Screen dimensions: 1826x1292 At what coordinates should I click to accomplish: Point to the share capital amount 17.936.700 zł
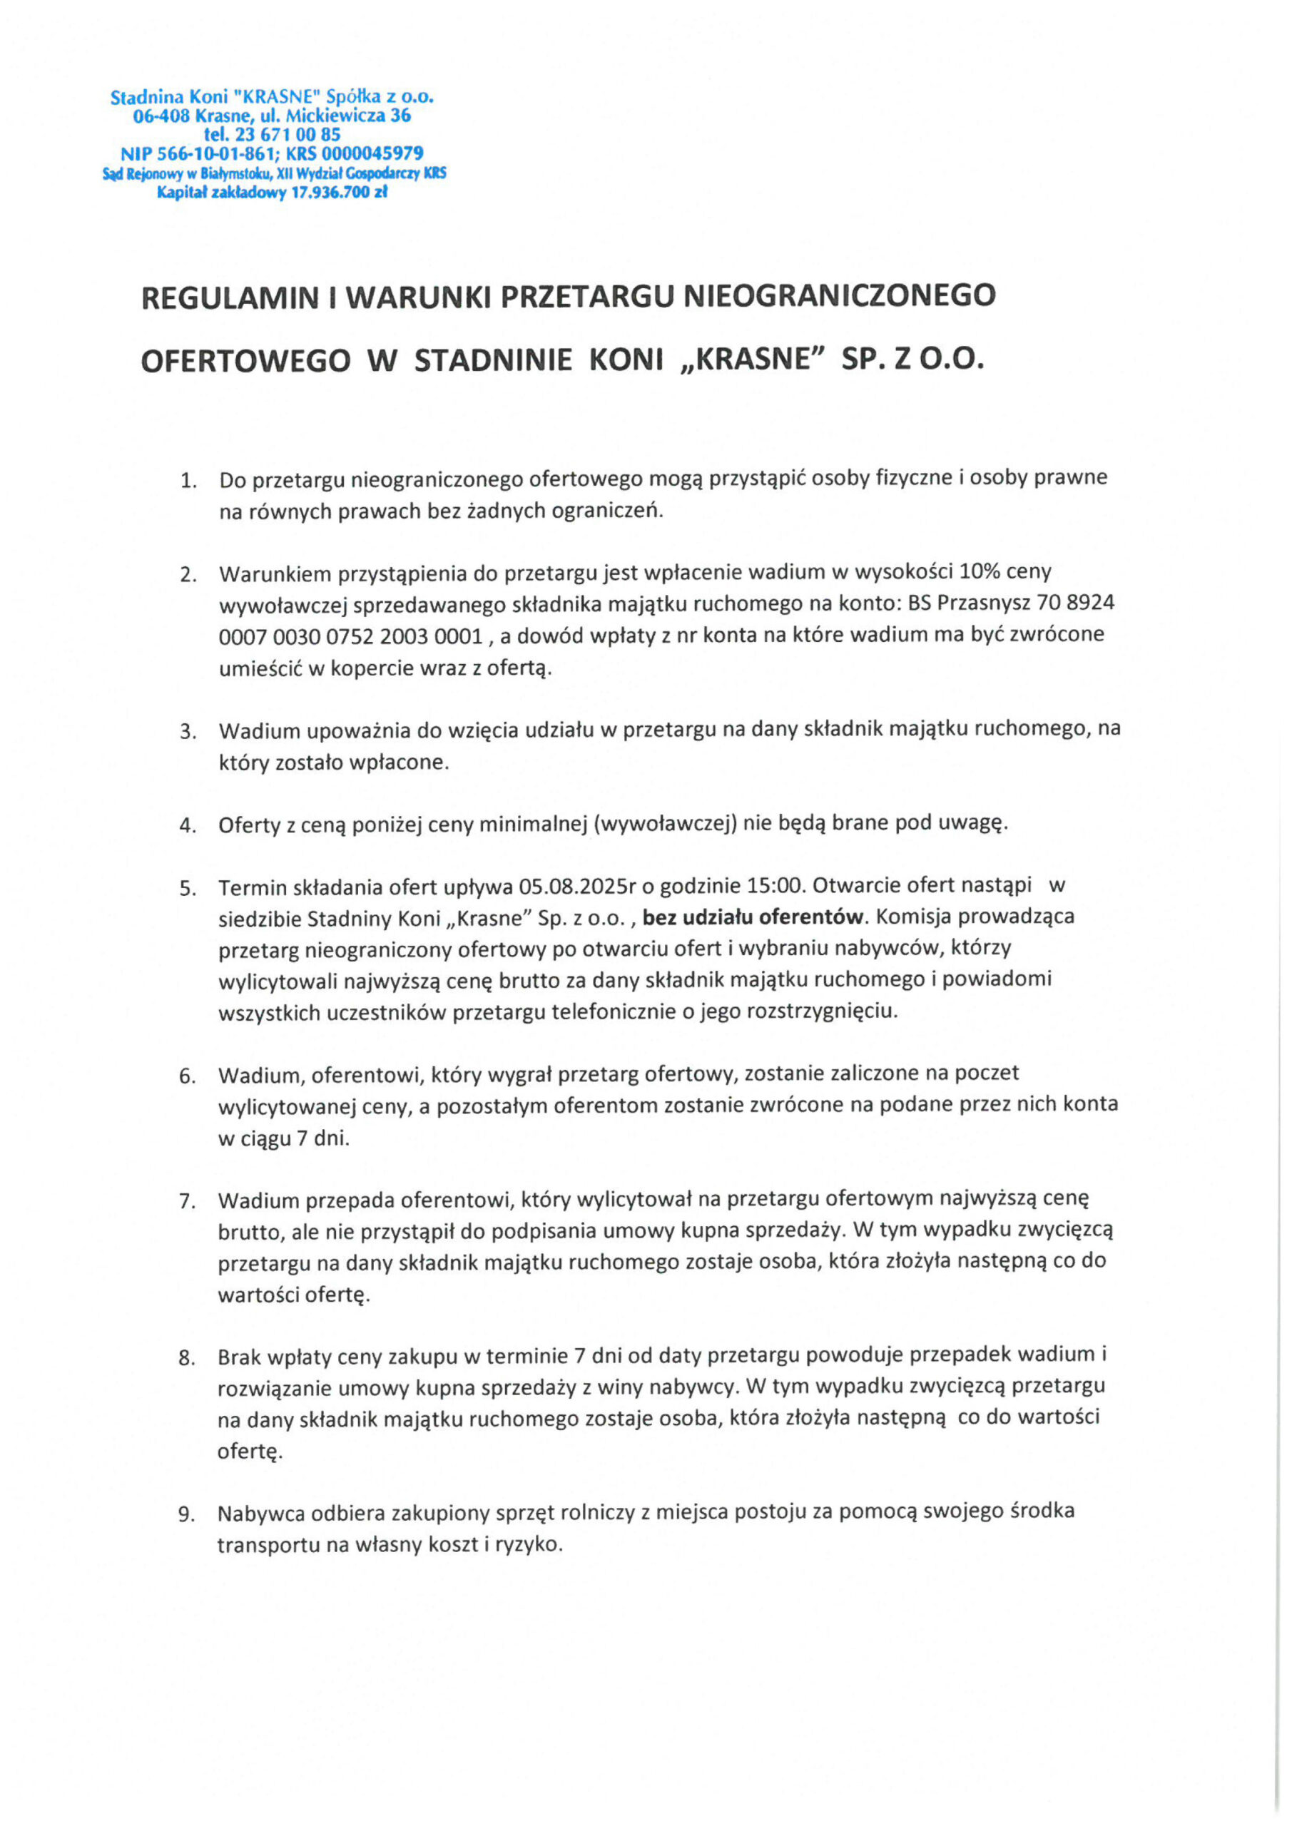point(340,192)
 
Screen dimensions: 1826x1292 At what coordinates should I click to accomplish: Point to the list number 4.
point(188,825)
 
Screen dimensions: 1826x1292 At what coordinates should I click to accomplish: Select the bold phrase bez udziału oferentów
point(753,917)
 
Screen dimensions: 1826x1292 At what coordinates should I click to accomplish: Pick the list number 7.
point(188,1201)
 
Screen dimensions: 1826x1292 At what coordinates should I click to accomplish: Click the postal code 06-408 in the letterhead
point(161,116)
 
